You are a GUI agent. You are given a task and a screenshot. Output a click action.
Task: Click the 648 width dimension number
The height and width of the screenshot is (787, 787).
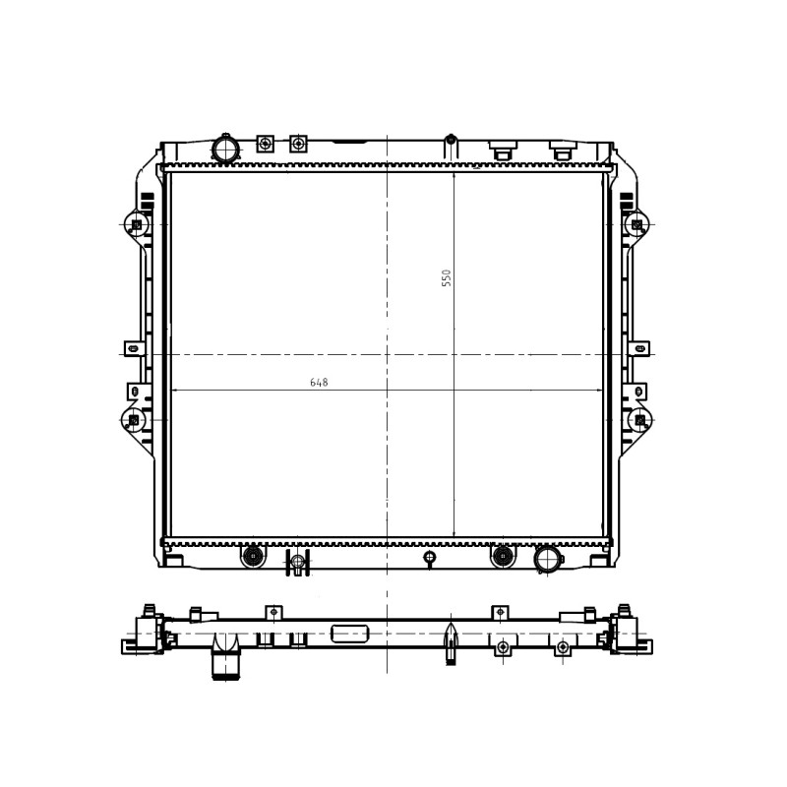pos(319,383)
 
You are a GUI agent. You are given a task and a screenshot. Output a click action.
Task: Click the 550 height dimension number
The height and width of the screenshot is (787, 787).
pos(447,278)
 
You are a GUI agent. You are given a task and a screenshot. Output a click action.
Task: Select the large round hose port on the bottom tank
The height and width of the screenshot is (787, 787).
pos(548,559)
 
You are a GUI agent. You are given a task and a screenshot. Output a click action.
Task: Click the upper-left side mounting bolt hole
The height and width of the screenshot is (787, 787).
pos(136,224)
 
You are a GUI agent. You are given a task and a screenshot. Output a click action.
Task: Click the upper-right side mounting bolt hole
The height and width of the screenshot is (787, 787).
pos(636,224)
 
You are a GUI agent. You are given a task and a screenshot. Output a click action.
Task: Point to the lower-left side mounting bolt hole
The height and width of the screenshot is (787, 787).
pos(134,420)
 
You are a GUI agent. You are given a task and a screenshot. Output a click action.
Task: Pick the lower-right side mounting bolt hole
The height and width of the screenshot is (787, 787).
pos(640,420)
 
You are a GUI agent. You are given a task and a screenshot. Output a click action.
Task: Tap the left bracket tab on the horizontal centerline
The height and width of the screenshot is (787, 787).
pos(134,348)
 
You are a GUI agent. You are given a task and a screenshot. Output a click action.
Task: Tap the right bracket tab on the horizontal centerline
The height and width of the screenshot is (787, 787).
pos(638,348)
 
